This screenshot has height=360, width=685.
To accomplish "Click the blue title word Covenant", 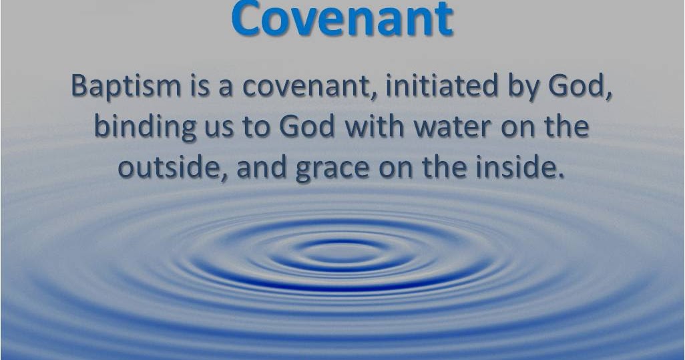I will [x=342, y=20].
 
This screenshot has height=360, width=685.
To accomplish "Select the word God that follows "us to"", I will [x=304, y=126].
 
